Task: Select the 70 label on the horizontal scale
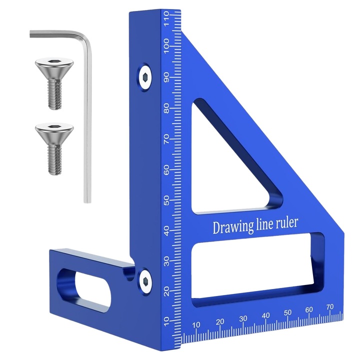point(329,306)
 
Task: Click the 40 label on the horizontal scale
point(265,314)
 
